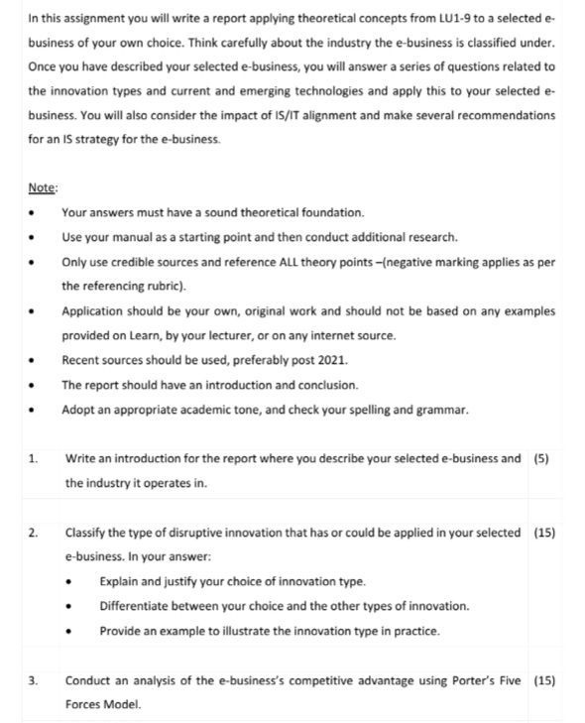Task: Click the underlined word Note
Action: pos(44,188)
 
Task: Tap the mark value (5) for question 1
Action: pos(540,459)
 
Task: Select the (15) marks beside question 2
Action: pos(543,534)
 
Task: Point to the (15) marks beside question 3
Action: pos(543,681)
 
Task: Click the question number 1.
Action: pos(34,459)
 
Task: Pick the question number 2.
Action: pos(34,534)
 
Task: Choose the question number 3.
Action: pos(34,681)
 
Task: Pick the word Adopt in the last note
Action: pos(78,411)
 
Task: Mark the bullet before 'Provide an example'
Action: pos(69,632)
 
